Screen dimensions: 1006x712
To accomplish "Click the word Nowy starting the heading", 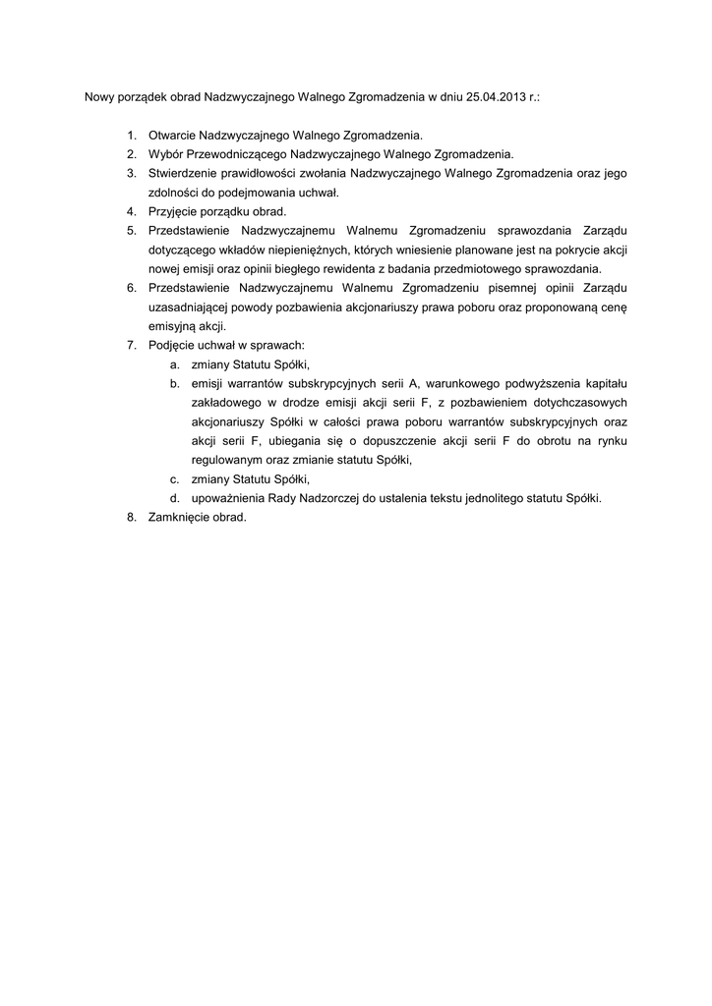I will (x=100, y=99).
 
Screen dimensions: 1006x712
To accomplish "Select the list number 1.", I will (x=131, y=136).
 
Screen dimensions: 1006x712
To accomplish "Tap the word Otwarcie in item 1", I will (x=172, y=136).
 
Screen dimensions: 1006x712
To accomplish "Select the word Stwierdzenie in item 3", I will (x=183, y=173).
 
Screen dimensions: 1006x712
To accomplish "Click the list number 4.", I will (x=131, y=211).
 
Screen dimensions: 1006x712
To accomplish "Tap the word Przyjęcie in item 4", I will (x=173, y=211).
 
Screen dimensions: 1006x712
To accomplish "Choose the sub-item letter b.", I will (x=174, y=383).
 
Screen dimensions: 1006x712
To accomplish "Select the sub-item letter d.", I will (x=174, y=498).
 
